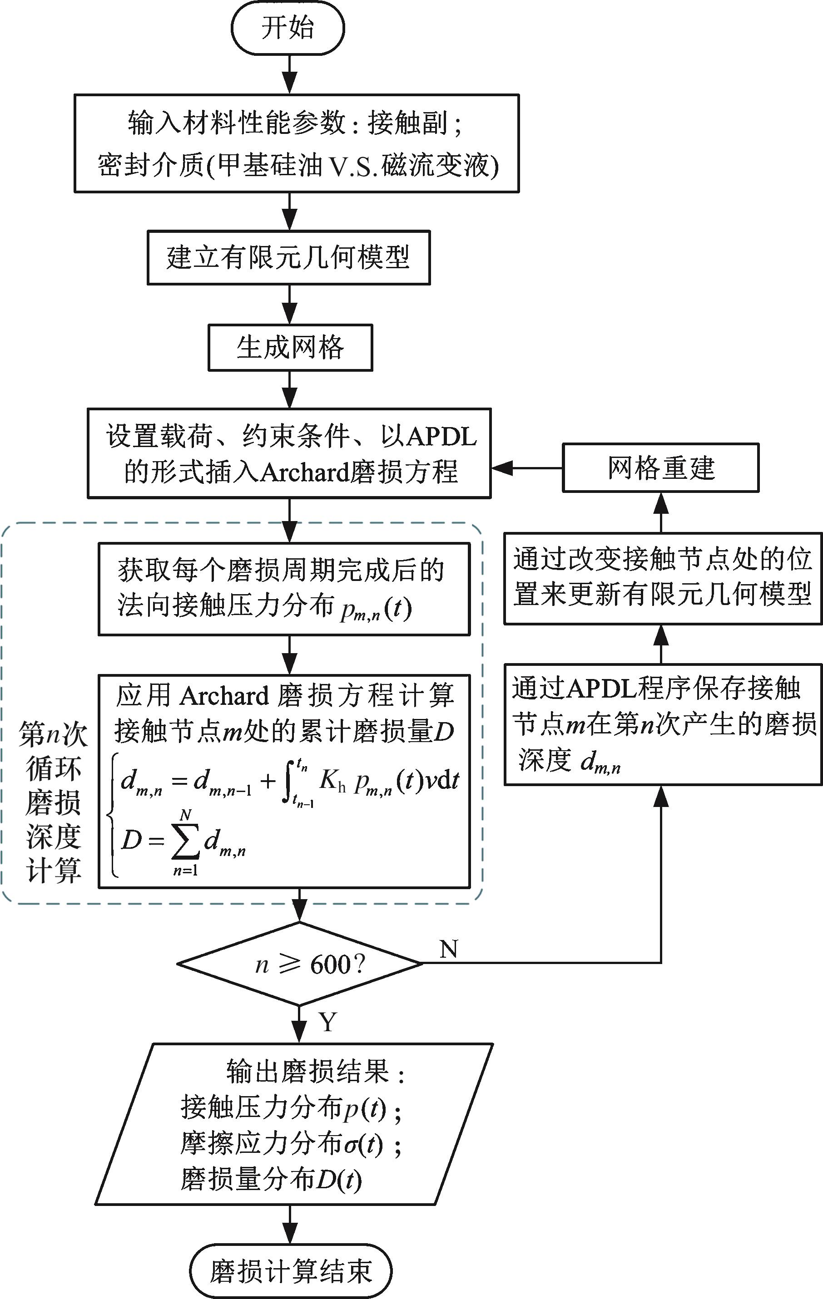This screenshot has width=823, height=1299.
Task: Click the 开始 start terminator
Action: (x=288, y=28)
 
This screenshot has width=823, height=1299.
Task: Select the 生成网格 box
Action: (x=290, y=347)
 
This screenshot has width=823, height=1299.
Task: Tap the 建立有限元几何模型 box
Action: (x=289, y=257)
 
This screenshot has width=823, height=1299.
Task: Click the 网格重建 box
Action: (x=660, y=467)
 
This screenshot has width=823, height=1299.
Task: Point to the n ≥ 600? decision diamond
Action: (x=299, y=964)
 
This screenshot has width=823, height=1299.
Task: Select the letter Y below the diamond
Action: (x=327, y=1022)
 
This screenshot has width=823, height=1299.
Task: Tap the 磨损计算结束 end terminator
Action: (x=291, y=1271)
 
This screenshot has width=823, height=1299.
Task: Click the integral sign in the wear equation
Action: (x=288, y=781)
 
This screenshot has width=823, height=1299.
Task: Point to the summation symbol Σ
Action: (x=185, y=841)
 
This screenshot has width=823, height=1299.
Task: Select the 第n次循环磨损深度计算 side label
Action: (x=53, y=802)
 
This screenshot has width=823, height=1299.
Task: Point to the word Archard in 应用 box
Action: (x=224, y=696)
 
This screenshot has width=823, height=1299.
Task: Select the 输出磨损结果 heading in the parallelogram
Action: (x=307, y=1071)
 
